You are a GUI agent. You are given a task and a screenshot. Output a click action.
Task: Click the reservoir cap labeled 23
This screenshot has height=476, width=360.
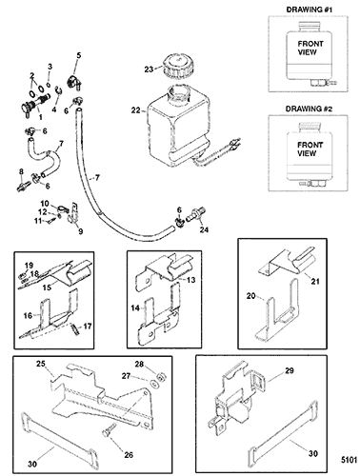coord(175,66)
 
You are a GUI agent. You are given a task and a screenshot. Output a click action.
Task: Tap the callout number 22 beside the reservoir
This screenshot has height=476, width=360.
coord(136,110)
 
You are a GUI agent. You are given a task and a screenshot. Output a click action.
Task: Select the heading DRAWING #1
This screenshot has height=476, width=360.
coord(310,10)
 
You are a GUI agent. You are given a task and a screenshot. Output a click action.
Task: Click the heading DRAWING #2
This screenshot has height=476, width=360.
coord(309,109)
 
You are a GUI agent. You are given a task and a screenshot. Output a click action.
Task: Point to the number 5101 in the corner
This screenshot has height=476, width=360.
coord(350,460)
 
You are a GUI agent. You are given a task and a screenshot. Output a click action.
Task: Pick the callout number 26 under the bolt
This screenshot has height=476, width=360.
coord(129,455)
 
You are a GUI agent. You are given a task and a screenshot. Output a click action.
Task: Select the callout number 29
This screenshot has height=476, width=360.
coord(290,370)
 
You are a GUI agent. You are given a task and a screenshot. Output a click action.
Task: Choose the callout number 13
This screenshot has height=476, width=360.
coord(191,280)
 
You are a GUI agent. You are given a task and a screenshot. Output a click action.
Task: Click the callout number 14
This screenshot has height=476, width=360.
coord(135,307)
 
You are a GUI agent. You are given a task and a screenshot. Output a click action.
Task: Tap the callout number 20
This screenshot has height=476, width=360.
coord(251,296)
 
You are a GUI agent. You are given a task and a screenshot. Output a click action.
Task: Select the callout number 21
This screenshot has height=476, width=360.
coord(315,281)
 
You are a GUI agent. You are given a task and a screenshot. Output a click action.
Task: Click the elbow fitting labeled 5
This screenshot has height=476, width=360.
coord(75,82)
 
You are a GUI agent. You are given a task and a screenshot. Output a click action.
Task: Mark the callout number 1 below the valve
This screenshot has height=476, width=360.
coord(41,117)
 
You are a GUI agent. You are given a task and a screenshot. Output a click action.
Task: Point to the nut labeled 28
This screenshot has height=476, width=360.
coord(163,377)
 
